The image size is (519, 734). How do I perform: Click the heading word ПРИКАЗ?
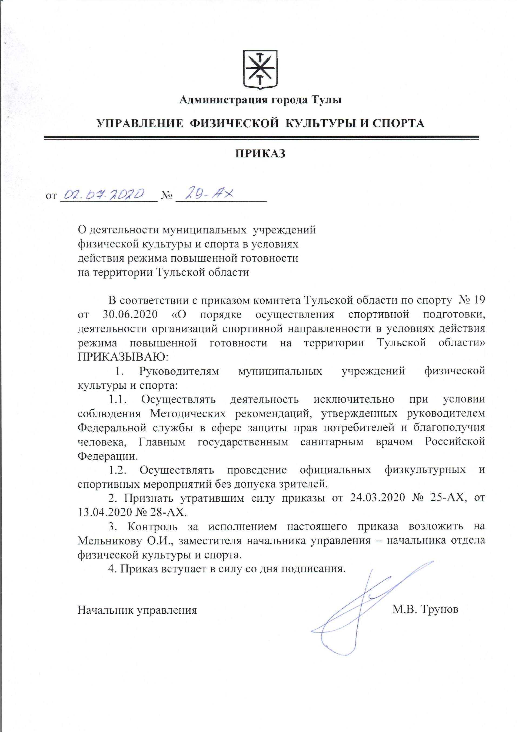(260, 154)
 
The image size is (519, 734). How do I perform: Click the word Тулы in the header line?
(326, 100)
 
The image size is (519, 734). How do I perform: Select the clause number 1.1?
(118, 399)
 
